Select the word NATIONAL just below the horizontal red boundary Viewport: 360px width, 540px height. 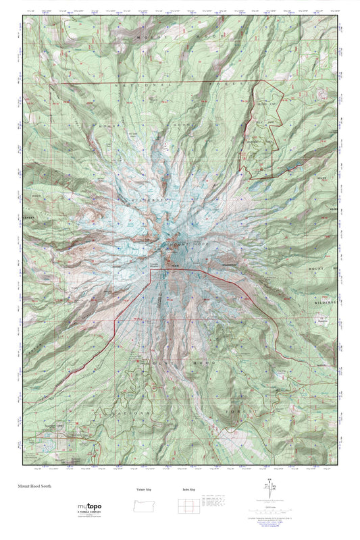(x=138, y=86)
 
